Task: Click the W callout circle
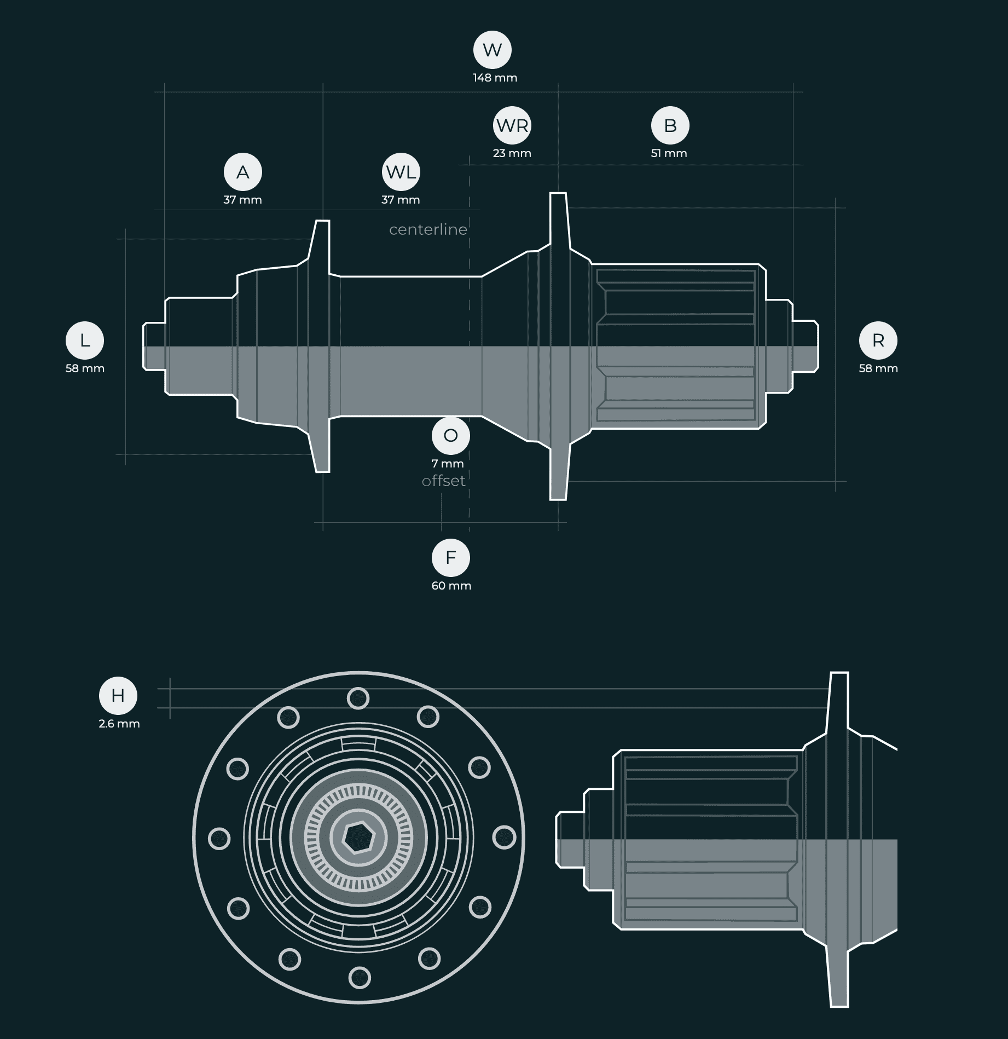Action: point(493,50)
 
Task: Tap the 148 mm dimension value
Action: point(495,78)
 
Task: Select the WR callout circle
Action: point(513,125)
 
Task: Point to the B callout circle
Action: point(670,125)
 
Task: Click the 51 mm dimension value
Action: point(669,153)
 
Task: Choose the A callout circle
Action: point(243,172)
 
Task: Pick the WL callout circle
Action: point(401,172)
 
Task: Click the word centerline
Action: point(428,229)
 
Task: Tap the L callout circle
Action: point(85,340)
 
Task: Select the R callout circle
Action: point(878,340)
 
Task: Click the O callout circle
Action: point(451,436)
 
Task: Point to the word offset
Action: point(444,481)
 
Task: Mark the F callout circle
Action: point(451,558)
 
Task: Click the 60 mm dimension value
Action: point(451,586)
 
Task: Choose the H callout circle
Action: point(118,696)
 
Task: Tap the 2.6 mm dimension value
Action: point(119,724)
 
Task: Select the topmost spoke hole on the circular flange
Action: point(358,699)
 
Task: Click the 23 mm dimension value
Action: point(512,153)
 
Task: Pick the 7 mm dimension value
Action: point(448,464)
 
